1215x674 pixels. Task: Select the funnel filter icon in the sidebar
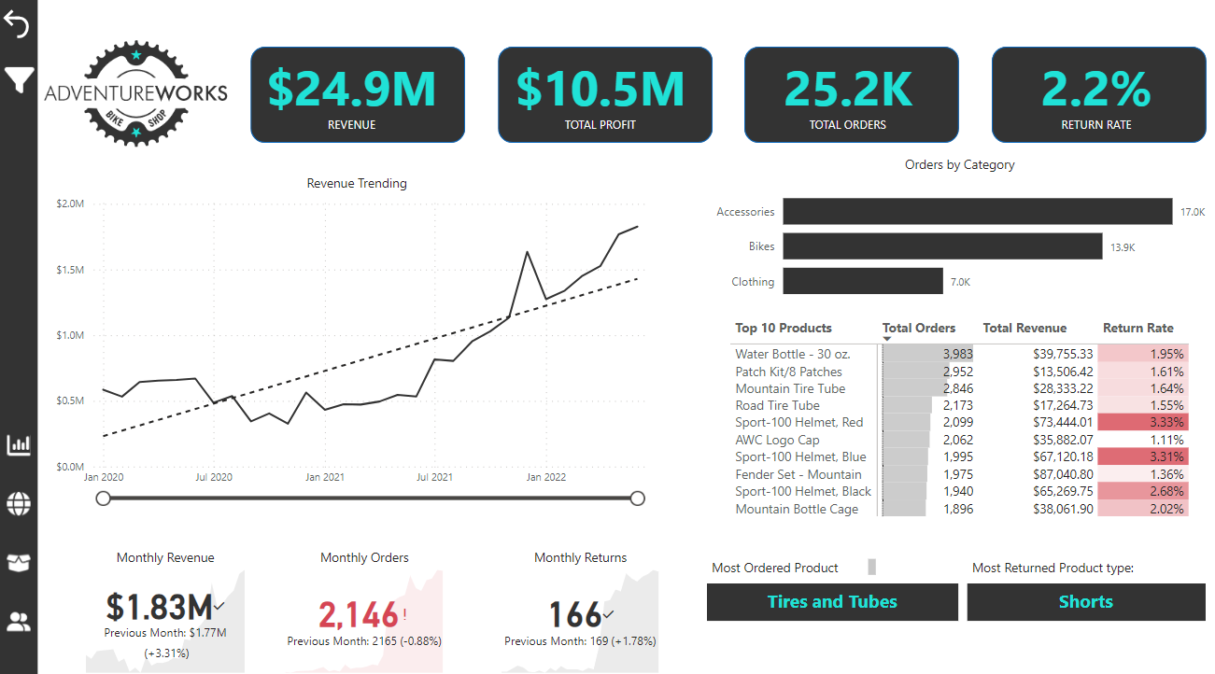(x=18, y=80)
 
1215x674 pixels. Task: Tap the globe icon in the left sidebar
(x=18, y=504)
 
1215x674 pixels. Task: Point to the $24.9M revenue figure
(x=352, y=88)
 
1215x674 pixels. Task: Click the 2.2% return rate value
(x=1096, y=88)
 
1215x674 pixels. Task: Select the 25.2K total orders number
(x=848, y=88)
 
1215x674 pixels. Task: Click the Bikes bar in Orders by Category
(x=942, y=246)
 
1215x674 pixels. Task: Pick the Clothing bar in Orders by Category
(x=863, y=281)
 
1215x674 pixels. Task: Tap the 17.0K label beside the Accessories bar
(x=1193, y=213)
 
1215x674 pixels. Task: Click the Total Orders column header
(x=919, y=328)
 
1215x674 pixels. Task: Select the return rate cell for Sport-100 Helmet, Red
(x=1143, y=423)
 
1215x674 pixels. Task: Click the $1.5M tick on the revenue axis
(x=69, y=270)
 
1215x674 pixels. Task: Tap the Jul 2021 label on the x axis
(x=435, y=477)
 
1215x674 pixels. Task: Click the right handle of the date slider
(x=638, y=498)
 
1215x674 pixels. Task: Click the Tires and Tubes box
(x=832, y=602)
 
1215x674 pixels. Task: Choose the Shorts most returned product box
(x=1085, y=602)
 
